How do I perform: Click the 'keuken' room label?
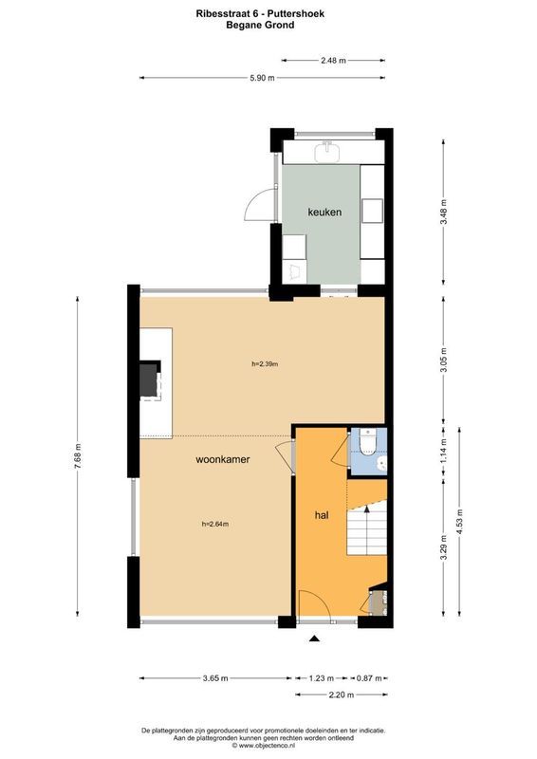(x=324, y=212)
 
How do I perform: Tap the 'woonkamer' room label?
(x=223, y=459)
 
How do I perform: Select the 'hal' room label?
(x=322, y=515)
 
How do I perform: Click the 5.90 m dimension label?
(x=262, y=78)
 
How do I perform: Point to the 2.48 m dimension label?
(x=334, y=61)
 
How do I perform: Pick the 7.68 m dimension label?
(x=78, y=456)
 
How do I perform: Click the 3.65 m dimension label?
(x=215, y=678)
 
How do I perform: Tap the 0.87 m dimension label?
(x=369, y=678)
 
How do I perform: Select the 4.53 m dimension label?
(x=459, y=522)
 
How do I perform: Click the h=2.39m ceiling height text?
(x=265, y=364)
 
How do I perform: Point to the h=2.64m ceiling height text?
(x=215, y=524)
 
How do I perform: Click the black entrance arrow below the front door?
(x=315, y=639)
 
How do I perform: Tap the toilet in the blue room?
(x=368, y=443)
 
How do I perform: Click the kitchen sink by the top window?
(x=328, y=152)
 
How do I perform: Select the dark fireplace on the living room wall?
(x=150, y=379)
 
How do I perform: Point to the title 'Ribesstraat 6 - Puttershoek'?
(x=260, y=14)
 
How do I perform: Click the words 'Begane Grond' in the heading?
(x=260, y=26)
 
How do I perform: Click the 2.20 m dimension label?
(x=342, y=695)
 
